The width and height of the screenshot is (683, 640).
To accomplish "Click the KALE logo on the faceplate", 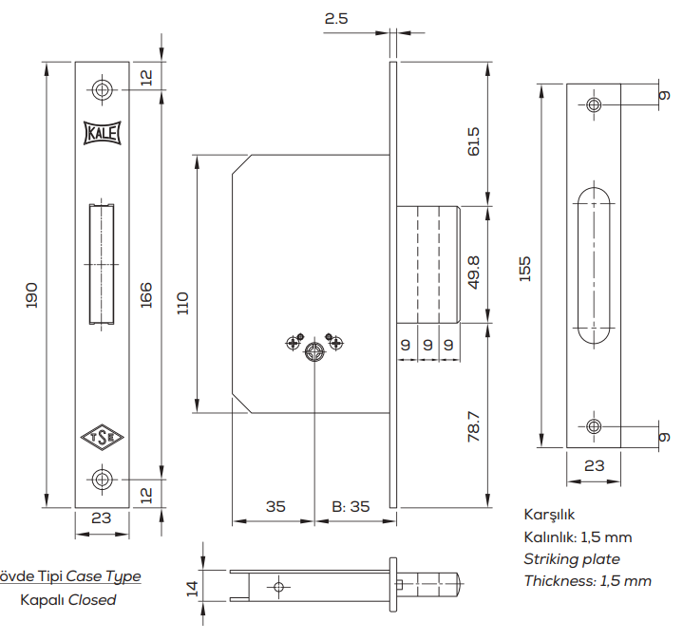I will [x=103, y=133].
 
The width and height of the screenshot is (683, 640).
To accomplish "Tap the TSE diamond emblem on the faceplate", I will [x=103, y=438].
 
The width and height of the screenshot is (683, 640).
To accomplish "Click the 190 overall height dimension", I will [x=30, y=293].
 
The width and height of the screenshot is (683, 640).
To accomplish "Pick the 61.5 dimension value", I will [x=474, y=141].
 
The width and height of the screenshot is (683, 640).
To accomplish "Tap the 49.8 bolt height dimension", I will [x=474, y=271].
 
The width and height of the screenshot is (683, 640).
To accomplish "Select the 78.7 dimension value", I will [x=474, y=425].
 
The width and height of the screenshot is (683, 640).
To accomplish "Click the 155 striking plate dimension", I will [x=524, y=269].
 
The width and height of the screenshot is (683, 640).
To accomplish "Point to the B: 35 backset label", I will [x=351, y=506].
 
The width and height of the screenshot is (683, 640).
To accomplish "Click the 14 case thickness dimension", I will [x=193, y=589].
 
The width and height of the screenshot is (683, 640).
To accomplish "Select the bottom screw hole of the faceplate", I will [x=103, y=479].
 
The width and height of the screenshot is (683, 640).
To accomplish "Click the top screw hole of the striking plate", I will [x=594, y=104].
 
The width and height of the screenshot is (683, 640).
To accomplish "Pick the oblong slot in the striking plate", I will [x=594, y=264].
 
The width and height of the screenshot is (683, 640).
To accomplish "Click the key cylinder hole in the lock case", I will [x=314, y=353].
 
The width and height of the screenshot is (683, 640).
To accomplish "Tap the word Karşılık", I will [x=550, y=516].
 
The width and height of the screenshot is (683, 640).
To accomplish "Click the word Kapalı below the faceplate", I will [x=42, y=600].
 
